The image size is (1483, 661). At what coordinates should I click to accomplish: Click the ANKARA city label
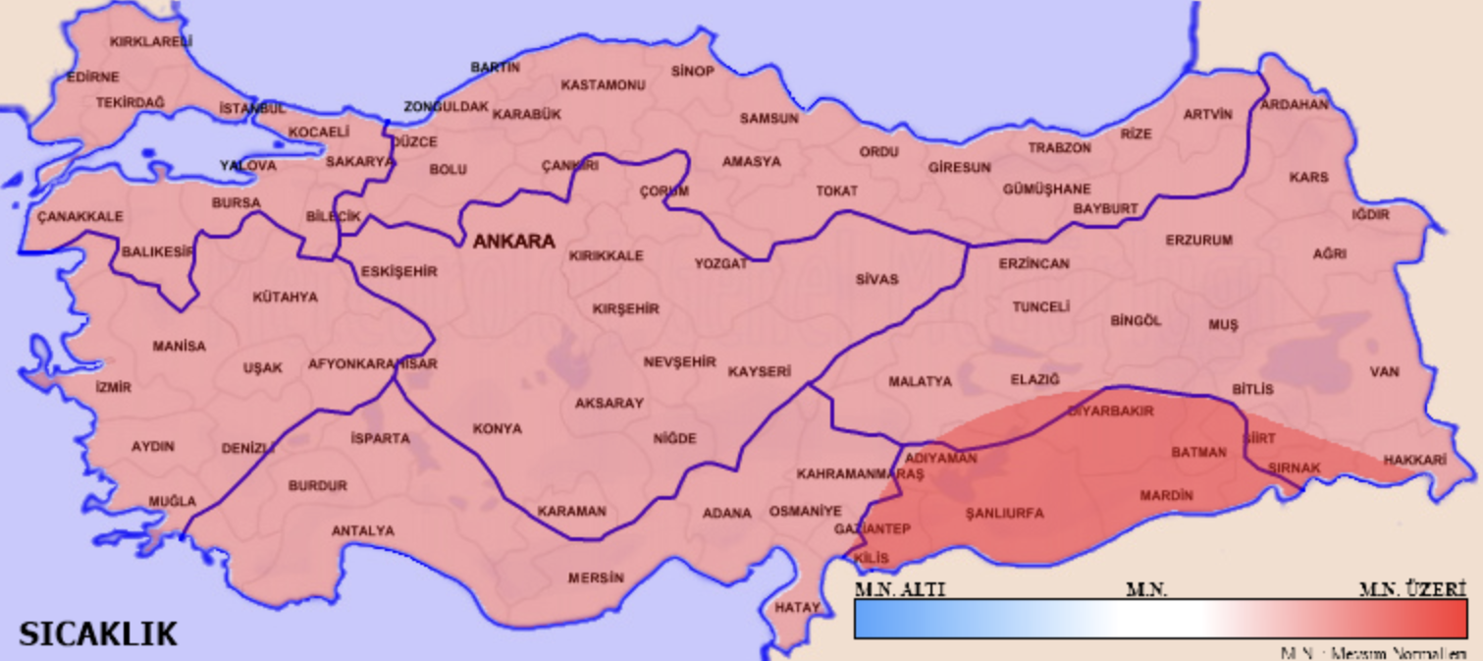[x=513, y=241]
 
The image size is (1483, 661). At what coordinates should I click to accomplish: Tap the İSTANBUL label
[x=252, y=108]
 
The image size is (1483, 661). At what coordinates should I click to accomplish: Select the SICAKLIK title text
[x=98, y=633]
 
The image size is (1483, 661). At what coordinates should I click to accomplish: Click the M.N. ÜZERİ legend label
[x=1411, y=589]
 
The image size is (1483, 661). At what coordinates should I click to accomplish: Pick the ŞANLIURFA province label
[x=1004, y=513]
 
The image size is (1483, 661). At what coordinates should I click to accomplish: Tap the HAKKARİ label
[x=1415, y=459]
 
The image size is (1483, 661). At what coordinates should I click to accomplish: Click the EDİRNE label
[x=92, y=77]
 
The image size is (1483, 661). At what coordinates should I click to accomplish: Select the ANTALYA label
[x=362, y=530]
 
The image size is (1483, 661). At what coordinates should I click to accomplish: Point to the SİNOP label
[x=693, y=71]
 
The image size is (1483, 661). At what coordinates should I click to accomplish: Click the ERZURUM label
[x=1198, y=240]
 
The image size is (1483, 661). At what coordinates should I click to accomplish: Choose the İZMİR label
[x=113, y=387]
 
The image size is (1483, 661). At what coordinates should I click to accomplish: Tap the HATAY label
[x=796, y=607]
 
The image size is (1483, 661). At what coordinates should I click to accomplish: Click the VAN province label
[x=1385, y=371]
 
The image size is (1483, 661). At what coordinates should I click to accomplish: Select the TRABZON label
[x=1059, y=147]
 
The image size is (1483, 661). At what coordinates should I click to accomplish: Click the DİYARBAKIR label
[x=1110, y=411]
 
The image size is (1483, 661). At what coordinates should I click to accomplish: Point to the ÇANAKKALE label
[x=79, y=216]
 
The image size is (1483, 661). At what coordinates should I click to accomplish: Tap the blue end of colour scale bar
[x=874, y=620]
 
